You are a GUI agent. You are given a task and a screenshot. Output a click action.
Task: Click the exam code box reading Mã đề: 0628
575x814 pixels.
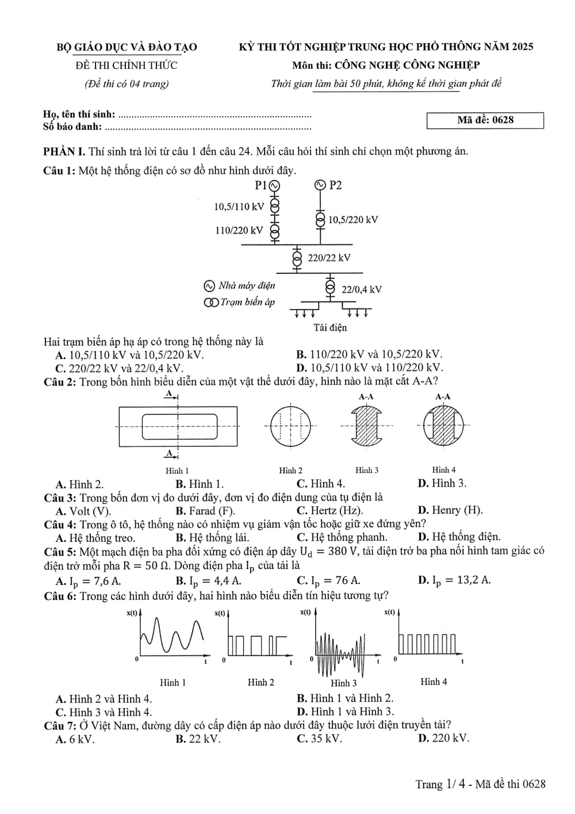pos(485,120)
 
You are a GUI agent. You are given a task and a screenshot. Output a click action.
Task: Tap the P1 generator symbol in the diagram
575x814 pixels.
pos(274,186)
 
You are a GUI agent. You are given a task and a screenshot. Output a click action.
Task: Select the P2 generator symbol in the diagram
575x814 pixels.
pos(320,185)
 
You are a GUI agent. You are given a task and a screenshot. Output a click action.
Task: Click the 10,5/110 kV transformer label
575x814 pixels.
pos(239,207)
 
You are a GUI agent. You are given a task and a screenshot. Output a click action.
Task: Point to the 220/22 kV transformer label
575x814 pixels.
pos(329,258)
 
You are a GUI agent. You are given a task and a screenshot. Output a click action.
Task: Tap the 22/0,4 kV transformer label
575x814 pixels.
pos(362,289)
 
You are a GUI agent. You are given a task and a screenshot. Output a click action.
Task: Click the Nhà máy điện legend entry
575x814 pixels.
pos(239,286)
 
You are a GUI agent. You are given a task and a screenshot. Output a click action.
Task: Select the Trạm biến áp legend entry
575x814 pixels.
pos(239,302)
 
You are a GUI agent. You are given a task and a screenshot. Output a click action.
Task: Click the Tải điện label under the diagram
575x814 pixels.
pos(330,328)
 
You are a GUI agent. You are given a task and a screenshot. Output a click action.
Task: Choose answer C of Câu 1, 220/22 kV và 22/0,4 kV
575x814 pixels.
pos(119,368)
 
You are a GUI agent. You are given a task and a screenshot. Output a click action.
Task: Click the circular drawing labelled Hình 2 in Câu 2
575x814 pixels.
pos(290,427)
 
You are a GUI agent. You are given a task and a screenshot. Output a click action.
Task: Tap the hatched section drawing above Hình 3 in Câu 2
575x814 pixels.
pos(366,426)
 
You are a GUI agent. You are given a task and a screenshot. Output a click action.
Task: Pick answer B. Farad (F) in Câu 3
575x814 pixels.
pos(205,511)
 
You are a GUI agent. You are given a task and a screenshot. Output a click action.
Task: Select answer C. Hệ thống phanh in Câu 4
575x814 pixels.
pos(342,537)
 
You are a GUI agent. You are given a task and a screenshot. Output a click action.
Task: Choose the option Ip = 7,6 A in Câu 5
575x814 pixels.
pos(89,581)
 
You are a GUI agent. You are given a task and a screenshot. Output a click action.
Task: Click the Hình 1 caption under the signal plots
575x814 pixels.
pos(173,682)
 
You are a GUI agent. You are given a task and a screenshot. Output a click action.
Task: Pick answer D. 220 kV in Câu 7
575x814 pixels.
pos(443,738)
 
